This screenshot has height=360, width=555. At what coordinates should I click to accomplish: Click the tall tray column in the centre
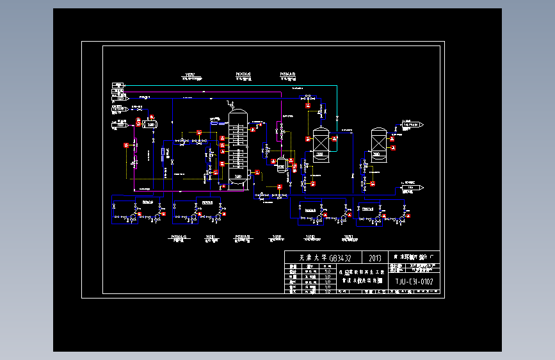[x=238, y=149]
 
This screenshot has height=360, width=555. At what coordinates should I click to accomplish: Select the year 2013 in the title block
[x=374, y=258]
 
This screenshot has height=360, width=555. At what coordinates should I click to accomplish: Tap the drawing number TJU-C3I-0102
[x=414, y=282]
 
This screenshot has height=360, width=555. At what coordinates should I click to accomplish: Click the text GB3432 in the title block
[x=337, y=258]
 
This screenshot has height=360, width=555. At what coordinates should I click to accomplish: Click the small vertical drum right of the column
[x=281, y=167]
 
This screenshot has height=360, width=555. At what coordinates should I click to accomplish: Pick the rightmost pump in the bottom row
[x=401, y=218]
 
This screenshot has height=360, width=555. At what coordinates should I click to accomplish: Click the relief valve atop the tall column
[x=234, y=104]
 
